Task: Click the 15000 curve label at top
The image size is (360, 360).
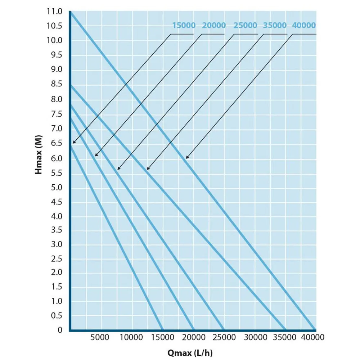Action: pyautogui.click(x=184, y=26)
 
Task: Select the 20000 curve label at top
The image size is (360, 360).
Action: pyautogui.click(x=214, y=26)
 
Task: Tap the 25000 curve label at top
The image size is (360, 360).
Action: pyautogui.click(x=245, y=26)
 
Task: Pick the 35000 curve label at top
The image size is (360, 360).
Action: pyautogui.click(x=275, y=26)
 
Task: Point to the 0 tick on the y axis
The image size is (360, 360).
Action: pyautogui.click(x=60, y=329)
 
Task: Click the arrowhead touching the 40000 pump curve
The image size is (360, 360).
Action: pyautogui.click(x=186, y=158)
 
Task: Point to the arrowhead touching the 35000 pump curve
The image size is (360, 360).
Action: pyautogui.click(x=148, y=168)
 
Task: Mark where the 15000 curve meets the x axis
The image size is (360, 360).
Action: pyautogui.click(x=163, y=329)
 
